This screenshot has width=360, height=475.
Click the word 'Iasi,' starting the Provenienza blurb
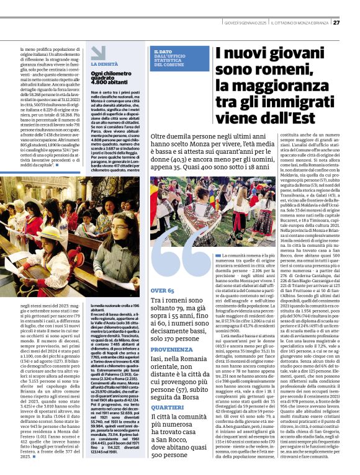156,359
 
